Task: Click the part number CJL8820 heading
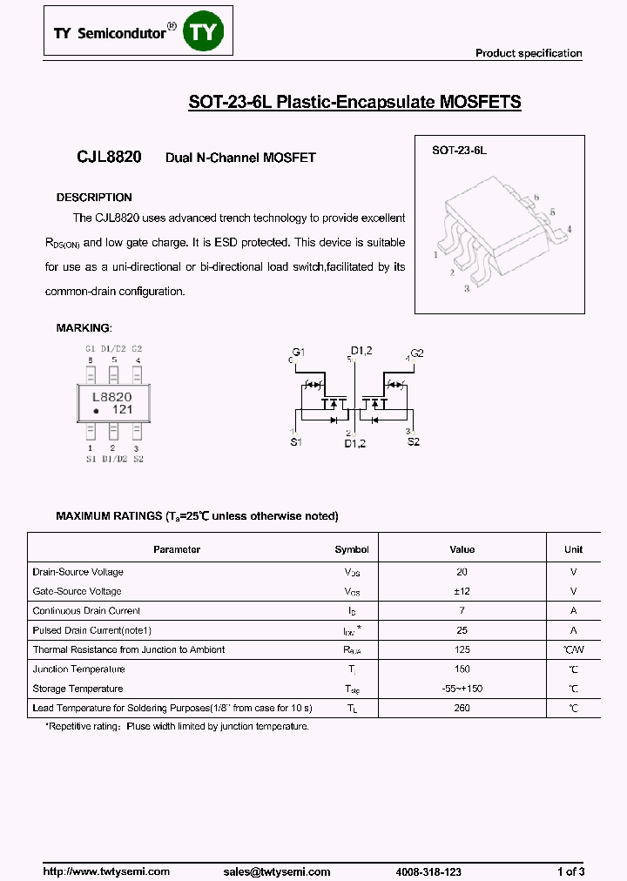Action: pos(104,157)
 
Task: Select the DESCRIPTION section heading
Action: pos(94,198)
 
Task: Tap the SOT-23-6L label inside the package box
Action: pos(459,151)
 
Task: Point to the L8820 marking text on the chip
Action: pos(111,395)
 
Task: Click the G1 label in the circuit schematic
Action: pos(299,352)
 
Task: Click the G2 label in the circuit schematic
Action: pos(417,353)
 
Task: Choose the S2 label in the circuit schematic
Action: pos(413,442)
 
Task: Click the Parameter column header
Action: pos(177,549)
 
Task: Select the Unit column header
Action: pos(573,549)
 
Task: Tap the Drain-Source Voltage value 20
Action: pos(462,572)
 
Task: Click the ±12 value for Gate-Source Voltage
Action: pos(462,591)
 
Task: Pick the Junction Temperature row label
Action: pos(78,669)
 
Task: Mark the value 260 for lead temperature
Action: pos(462,708)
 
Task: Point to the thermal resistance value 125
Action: pos(462,649)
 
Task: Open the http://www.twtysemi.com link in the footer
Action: pos(106,871)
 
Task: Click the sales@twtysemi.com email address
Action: pos(277,871)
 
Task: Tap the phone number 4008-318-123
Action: pos(428,871)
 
